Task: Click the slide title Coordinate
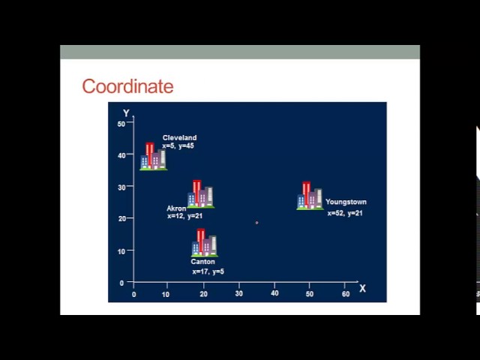tap(127, 86)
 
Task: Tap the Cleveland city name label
tap(180, 138)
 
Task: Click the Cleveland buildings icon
tap(153, 157)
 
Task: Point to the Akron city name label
tap(176, 208)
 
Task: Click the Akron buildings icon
tap(200, 194)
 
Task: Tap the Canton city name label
tap(202, 262)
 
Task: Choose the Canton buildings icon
tap(205, 243)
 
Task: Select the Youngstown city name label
tap(346, 202)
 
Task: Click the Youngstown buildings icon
tap(310, 196)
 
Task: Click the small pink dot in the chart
tap(256, 223)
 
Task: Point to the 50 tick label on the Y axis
tap(121, 124)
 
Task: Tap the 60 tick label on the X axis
tap(346, 294)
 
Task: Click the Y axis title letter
tap(126, 113)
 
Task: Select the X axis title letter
tap(362, 288)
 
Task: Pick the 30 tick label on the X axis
tap(238, 293)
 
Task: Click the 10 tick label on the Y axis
tap(121, 252)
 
